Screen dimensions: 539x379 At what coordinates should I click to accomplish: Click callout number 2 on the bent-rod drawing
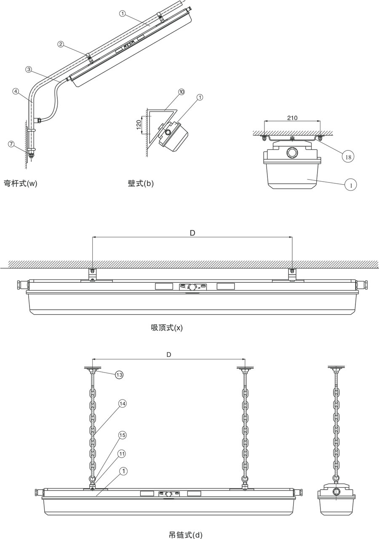pyautogui.click(x=61, y=44)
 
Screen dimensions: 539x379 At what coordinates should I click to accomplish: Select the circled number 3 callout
pyautogui.click(x=28, y=69)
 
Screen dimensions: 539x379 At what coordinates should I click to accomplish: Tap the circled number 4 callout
pyautogui.click(x=16, y=91)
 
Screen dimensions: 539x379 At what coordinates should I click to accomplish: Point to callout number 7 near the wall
pyautogui.click(x=11, y=144)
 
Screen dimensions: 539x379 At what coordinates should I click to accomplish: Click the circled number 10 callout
pyautogui.click(x=181, y=91)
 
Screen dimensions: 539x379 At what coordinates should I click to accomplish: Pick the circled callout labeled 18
pyautogui.click(x=348, y=157)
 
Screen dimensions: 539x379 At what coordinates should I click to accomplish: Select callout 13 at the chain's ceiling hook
pyautogui.click(x=119, y=375)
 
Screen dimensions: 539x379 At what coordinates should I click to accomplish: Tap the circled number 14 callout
pyautogui.click(x=122, y=403)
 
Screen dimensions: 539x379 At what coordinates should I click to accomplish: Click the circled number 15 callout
pyautogui.click(x=122, y=434)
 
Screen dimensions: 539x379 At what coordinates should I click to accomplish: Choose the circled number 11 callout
pyautogui.click(x=122, y=453)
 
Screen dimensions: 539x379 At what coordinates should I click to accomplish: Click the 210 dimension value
pyautogui.click(x=292, y=118)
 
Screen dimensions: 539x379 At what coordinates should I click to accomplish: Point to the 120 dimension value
pyautogui.click(x=139, y=125)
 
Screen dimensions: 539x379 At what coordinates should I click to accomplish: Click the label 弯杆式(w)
pyautogui.click(x=20, y=183)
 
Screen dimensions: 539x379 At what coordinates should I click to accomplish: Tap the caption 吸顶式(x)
pyautogui.click(x=167, y=327)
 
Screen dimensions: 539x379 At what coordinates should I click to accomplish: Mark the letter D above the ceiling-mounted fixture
pyautogui.click(x=192, y=233)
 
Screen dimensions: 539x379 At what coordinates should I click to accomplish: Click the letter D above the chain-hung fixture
pyautogui.click(x=168, y=355)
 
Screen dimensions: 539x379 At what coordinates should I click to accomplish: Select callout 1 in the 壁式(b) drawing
pyautogui.click(x=200, y=97)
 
